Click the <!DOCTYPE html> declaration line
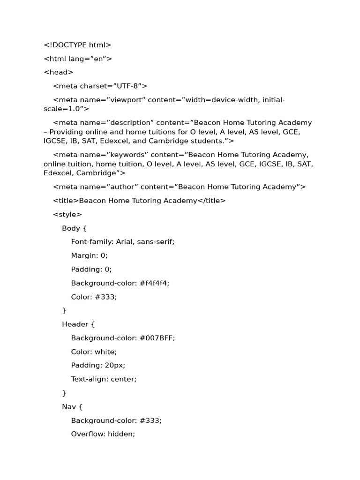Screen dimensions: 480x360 tap(77, 45)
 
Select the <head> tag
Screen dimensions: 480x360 tap(59, 72)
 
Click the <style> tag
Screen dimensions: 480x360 tap(67, 215)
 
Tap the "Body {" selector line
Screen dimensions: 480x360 tap(75, 228)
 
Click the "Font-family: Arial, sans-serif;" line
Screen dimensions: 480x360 tap(122, 242)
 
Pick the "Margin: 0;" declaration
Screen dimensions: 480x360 tap(89, 255)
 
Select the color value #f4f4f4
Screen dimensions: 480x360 tap(152, 283)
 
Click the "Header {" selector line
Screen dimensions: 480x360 tap(78, 324)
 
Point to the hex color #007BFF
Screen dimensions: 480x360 tap(157, 338)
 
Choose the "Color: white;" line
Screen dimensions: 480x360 tap(94, 352)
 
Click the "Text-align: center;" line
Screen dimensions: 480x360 tap(104, 379)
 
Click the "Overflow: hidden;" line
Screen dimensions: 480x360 tap(103, 434)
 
